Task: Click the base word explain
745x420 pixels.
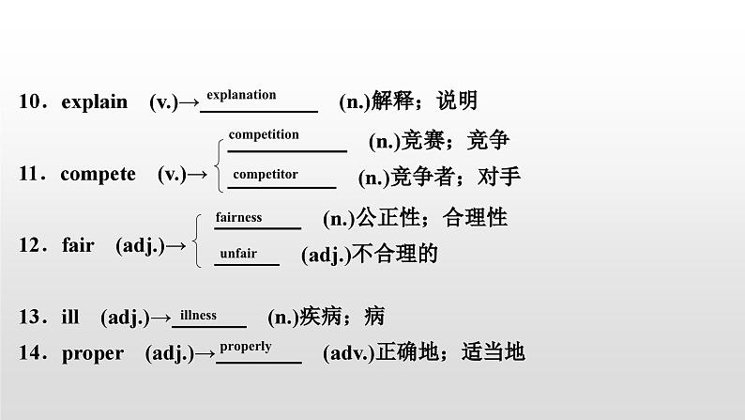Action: pyautogui.click(x=94, y=102)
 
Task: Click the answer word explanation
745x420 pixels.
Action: pyautogui.click(x=241, y=95)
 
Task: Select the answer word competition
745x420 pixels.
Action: pyautogui.click(x=264, y=134)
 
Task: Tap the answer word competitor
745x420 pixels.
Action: pyautogui.click(x=266, y=174)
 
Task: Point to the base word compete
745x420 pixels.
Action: pyautogui.click(x=98, y=174)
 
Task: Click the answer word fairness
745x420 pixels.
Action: pyautogui.click(x=238, y=217)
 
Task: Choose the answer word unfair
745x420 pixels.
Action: pyautogui.click(x=237, y=253)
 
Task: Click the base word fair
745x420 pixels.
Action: pyautogui.click(x=78, y=245)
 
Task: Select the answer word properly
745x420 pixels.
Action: pyautogui.click(x=246, y=346)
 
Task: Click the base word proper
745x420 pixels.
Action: pyautogui.click(x=92, y=353)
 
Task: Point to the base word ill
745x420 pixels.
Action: pyautogui.click(x=70, y=318)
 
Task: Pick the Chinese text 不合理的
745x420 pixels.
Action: pyautogui.click(x=395, y=254)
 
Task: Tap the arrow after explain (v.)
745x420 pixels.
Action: pyautogui.click(x=189, y=102)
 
